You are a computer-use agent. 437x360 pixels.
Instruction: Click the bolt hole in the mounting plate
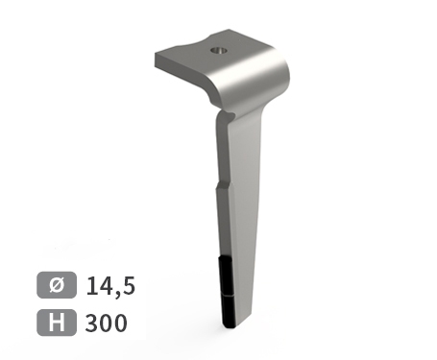[x=219, y=50]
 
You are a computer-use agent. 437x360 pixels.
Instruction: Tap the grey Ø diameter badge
[x=57, y=285]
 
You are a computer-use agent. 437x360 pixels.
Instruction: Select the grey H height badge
[x=57, y=323]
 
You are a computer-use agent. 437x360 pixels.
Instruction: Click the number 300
[x=107, y=323]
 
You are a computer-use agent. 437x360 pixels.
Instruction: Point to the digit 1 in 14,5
[x=92, y=285]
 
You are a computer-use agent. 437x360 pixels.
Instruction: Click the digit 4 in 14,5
[x=108, y=285]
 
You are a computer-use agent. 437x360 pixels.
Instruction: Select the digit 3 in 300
[x=91, y=323]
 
